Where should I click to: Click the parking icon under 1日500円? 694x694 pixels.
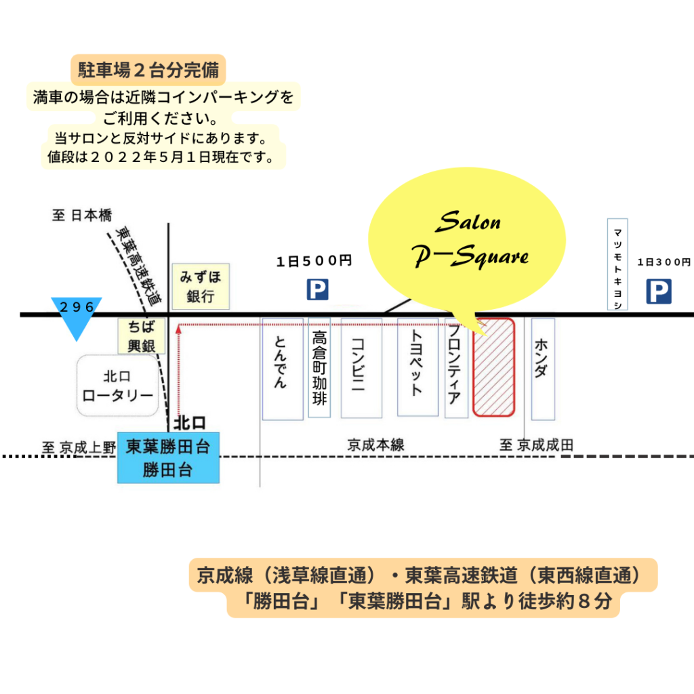(x=317, y=289)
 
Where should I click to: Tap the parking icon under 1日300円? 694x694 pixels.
(x=659, y=291)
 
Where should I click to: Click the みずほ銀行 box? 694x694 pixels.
(x=201, y=287)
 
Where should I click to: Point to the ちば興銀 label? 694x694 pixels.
(x=141, y=336)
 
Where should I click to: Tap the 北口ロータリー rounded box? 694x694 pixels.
(x=118, y=386)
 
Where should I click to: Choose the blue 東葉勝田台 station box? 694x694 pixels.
(x=168, y=457)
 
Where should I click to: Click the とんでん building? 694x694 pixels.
(x=283, y=369)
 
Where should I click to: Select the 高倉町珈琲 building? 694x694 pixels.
(x=320, y=367)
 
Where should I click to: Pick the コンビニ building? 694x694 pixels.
(x=362, y=368)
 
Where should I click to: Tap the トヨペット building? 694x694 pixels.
(x=417, y=367)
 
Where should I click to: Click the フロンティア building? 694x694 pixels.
(x=456, y=367)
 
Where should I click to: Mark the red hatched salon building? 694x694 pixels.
(x=494, y=367)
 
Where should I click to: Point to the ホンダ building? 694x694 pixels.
(x=543, y=369)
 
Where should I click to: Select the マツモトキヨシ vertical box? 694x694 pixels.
(x=617, y=264)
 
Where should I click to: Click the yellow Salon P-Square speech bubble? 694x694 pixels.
(x=467, y=239)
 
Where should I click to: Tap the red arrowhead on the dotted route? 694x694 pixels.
(x=178, y=329)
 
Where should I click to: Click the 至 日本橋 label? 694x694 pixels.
(x=82, y=216)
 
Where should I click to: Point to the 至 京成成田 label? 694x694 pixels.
(x=537, y=445)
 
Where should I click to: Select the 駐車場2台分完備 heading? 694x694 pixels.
(x=148, y=70)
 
